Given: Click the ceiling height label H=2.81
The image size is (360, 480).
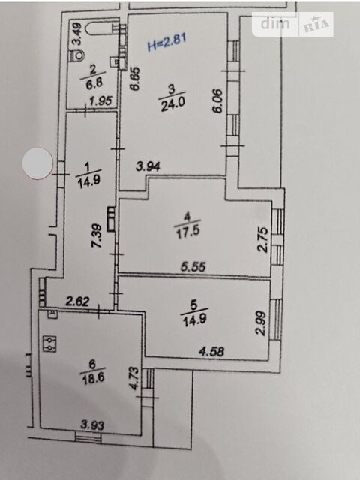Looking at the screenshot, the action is coord(166,42).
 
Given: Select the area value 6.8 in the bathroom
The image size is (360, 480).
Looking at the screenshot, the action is coord(94,84).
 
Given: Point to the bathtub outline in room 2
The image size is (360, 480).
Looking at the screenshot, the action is coord(102,28).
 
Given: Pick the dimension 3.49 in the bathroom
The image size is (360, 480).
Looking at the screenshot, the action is coord(78,34).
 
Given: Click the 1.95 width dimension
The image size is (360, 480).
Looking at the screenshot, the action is coord(102,100).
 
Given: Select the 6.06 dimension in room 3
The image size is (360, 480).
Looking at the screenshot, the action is coord(218,100).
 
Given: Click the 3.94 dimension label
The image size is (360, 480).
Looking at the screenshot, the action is coord(148,166).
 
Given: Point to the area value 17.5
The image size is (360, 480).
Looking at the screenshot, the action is coord(188,229).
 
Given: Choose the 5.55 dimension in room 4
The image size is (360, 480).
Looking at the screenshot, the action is coord(193,267).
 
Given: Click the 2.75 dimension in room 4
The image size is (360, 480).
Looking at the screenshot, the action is coord(263,239).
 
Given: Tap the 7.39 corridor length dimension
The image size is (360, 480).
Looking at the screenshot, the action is coord(97,235).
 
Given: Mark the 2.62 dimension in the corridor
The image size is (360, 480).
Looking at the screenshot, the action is coord(78,301).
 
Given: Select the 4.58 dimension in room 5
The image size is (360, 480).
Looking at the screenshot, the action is coord(211,351).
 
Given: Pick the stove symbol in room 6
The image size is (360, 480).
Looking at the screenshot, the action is coord(50,343).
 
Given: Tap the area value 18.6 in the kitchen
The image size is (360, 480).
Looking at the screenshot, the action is coord(93,377).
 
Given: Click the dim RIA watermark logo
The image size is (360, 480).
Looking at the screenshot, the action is coord(292,24).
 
